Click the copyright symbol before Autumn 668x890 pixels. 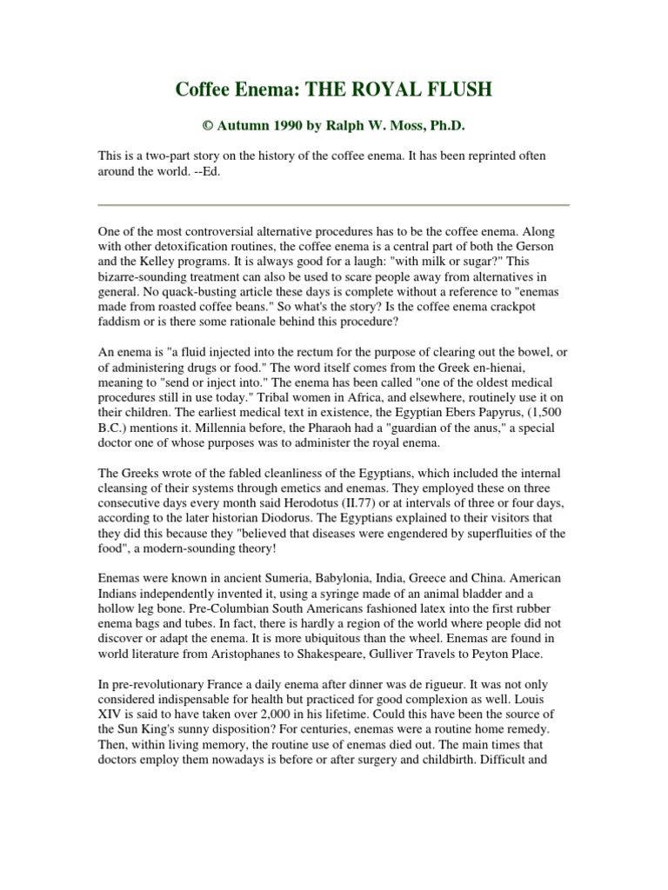208,126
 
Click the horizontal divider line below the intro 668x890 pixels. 333,205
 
